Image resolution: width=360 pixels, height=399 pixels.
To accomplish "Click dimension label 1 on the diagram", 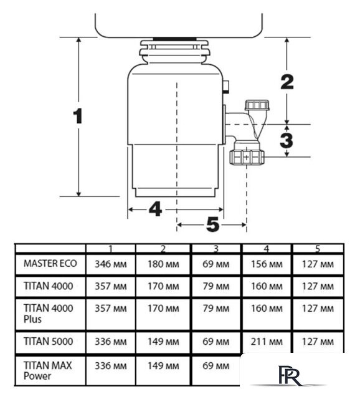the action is click(x=78, y=116).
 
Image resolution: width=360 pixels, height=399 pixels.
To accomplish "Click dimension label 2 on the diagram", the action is click(x=287, y=82).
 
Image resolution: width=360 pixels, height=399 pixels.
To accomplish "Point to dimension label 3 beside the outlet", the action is click(x=287, y=140).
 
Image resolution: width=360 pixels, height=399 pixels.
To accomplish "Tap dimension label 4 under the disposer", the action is click(x=155, y=209).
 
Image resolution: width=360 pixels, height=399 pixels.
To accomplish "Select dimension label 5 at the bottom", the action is click(x=213, y=224).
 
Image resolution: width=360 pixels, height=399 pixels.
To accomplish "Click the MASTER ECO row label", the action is click(x=50, y=264).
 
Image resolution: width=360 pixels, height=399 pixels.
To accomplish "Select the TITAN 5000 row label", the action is click(x=49, y=341).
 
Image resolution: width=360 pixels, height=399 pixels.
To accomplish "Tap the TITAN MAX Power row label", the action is click(x=48, y=370).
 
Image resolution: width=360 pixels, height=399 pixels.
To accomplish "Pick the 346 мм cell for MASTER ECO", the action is click(x=111, y=264).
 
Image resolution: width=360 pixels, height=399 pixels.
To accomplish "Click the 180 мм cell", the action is click(x=163, y=264).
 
